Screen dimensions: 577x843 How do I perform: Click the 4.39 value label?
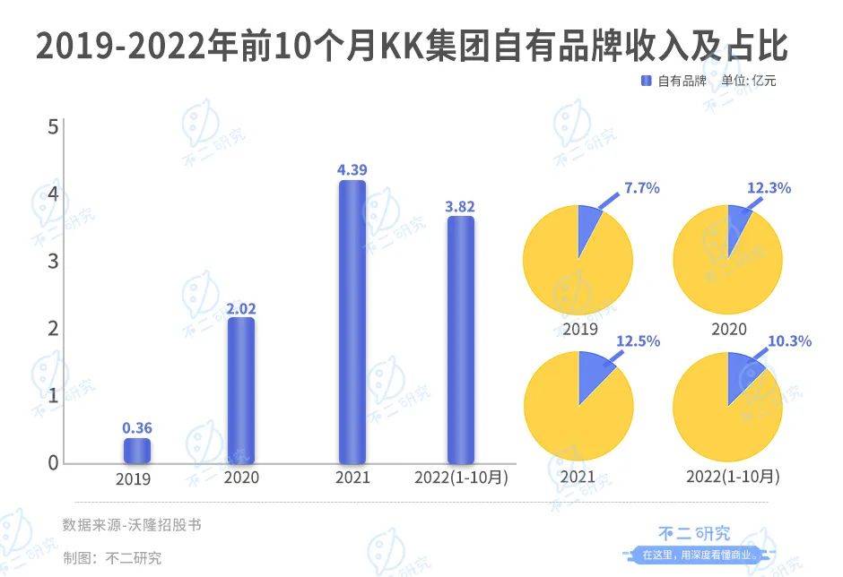pos(352,169)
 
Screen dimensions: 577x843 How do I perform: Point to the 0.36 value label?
pos(137,428)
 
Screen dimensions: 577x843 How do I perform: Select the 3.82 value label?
pos(460,206)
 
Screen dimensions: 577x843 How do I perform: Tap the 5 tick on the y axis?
pos(53,127)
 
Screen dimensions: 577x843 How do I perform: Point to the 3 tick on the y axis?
pos(53,262)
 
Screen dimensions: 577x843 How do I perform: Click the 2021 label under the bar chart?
pos(352,478)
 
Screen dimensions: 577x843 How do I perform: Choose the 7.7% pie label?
pos(641,188)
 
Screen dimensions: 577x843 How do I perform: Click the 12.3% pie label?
pos(769,188)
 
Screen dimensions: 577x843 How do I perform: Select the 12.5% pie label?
pos(639,341)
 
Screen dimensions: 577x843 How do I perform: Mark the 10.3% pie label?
pos(790,341)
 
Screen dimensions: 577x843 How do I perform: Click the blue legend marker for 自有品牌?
pos(646,81)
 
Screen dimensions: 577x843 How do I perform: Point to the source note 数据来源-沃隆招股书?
pos(132,524)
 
